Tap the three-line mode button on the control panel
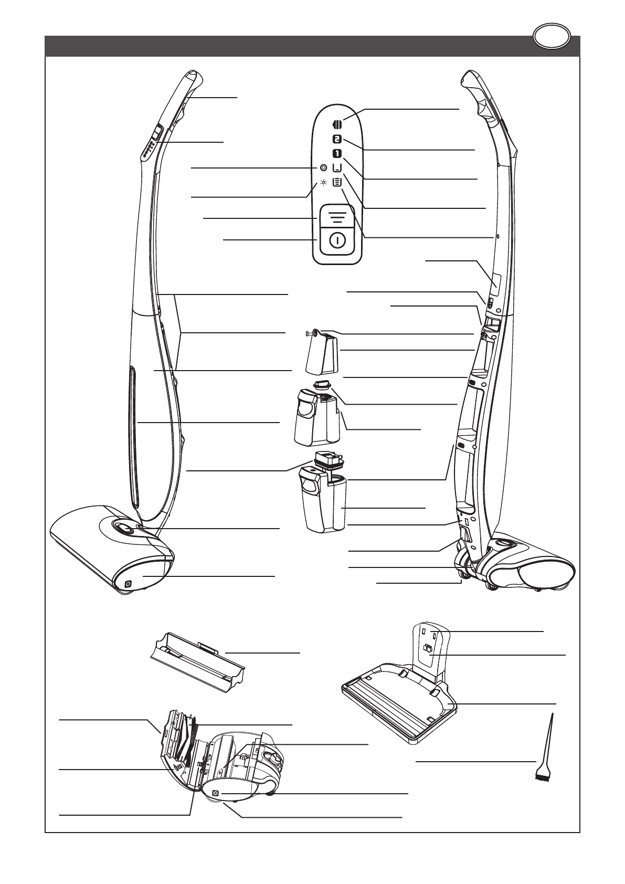(x=337, y=216)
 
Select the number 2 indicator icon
(x=337, y=140)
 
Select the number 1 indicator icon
(x=337, y=154)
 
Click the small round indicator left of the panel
(x=323, y=167)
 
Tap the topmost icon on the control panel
(x=337, y=124)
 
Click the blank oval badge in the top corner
(x=551, y=37)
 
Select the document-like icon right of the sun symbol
(x=337, y=182)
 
